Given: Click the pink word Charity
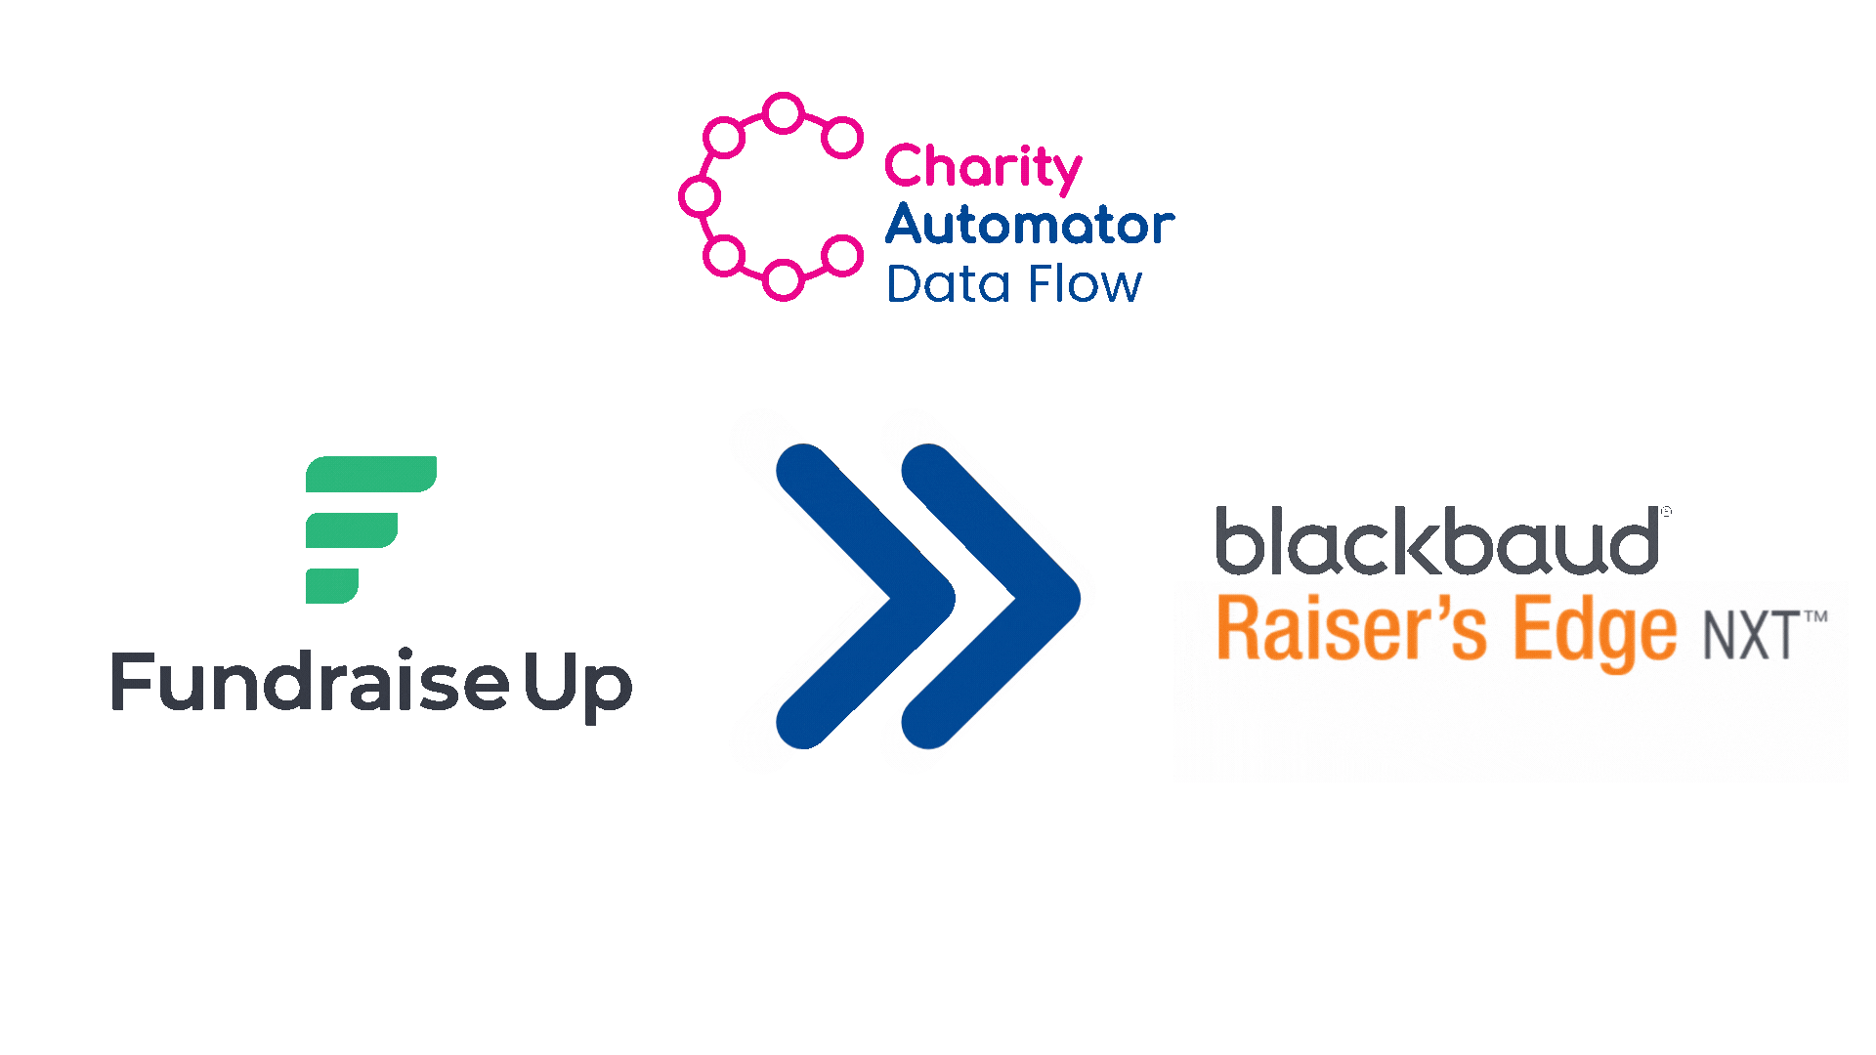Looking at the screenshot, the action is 983,168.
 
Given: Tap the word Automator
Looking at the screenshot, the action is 1030,224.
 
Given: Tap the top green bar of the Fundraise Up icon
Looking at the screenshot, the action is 371,474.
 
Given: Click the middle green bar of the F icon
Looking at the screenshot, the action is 352,530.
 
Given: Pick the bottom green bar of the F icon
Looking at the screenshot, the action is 332,586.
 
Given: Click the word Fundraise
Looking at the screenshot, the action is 310,681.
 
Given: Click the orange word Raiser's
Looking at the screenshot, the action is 1351,630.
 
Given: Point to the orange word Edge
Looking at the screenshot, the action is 1596,635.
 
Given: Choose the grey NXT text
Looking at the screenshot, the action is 1752,636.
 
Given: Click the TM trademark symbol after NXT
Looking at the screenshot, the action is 1815,617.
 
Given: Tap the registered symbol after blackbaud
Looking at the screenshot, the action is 1666,511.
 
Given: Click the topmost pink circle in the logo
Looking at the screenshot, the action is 783,113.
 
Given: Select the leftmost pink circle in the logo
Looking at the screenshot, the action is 701,196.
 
